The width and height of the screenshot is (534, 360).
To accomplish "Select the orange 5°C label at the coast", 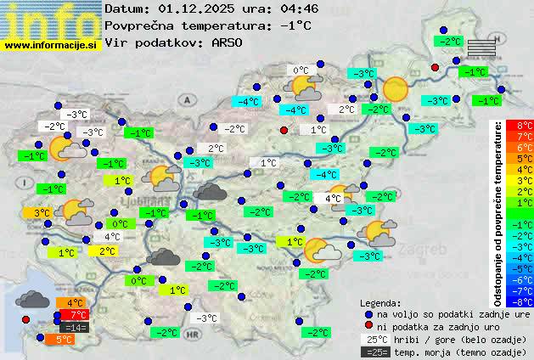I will (x=64, y=339).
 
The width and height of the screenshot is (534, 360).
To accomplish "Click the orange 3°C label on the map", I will (x=42, y=212).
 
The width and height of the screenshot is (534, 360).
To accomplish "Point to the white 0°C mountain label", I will (x=301, y=71).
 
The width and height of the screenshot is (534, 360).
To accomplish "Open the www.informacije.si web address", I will (x=51, y=45).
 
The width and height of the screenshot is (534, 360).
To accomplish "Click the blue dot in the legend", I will (x=368, y=313).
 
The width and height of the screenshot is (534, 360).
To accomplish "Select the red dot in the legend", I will (x=368, y=326).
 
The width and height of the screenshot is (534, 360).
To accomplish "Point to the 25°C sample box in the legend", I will (x=374, y=339).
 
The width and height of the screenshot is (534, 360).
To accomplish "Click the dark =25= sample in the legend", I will (x=374, y=352).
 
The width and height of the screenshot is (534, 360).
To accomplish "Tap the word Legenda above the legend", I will (x=380, y=302).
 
